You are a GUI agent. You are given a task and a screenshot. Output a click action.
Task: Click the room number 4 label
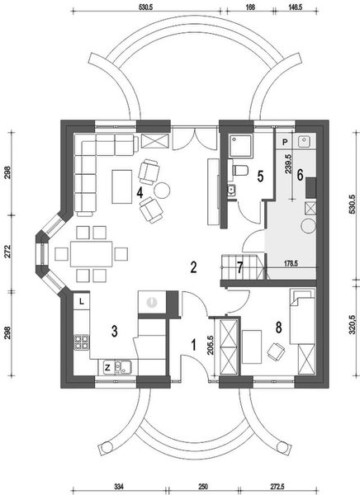coord(140,192)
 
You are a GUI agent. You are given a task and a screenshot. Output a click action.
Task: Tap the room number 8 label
coord(278,328)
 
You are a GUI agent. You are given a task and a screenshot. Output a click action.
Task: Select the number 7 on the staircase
coord(240,268)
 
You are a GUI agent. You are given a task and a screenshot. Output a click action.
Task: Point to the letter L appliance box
coord(82,301)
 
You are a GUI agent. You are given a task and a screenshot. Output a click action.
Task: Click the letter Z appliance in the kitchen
coord(107,367)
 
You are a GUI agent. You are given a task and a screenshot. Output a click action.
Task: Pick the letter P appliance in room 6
coord(285,142)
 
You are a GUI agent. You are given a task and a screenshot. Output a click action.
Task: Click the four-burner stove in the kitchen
coord(82,342)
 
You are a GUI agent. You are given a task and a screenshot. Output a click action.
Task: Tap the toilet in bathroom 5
coord(240,170)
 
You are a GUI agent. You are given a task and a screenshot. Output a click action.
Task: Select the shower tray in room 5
coord(241,145)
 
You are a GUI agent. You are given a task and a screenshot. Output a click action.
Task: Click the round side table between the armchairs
coord(162,190)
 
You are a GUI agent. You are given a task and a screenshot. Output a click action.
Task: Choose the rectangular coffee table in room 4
coord(122,186)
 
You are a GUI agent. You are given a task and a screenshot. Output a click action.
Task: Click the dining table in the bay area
coord(92,254)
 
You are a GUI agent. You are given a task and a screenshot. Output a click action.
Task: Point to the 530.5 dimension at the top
coord(145,7)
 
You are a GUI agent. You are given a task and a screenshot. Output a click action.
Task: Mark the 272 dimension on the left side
coord(7,252)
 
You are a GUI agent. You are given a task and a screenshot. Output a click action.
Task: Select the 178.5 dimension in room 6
coord(291,263)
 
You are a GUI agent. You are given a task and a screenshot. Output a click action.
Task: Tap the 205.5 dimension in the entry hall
coord(211,346)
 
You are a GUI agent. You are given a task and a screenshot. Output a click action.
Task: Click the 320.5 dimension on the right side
coord(353,330)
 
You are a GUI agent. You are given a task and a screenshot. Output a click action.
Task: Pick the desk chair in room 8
coord(276,351)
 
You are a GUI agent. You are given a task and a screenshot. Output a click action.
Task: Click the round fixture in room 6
coord(307,226)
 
